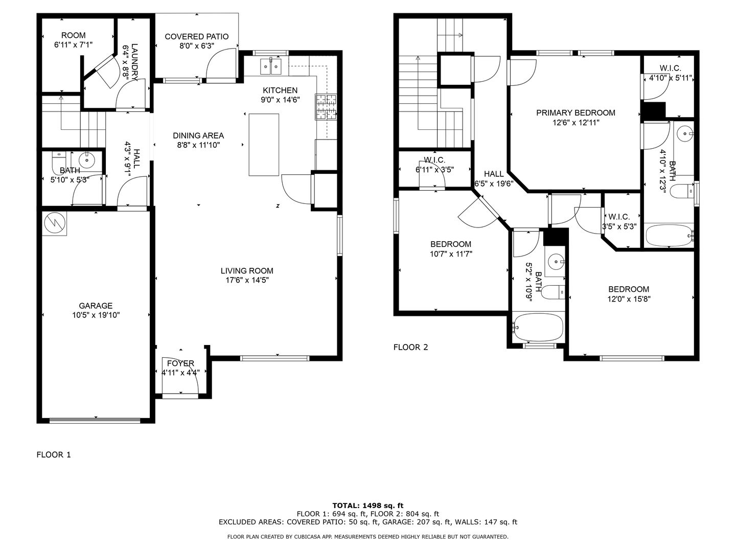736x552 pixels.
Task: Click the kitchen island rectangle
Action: pyautogui.click(x=264, y=145)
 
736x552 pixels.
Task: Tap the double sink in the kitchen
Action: pyautogui.click(x=271, y=66)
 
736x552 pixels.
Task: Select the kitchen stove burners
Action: pyautogui.click(x=326, y=107)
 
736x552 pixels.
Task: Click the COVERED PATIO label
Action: pyautogui.click(x=196, y=36)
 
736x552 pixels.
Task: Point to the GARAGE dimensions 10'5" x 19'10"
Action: pyautogui.click(x=96, y=315)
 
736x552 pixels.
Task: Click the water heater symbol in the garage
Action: pyautogui.click(x=54, y=223)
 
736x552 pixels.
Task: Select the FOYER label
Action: pyautogui.click(x=180, y=363)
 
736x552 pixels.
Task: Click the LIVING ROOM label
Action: pyautogui.click(x=247, y=270)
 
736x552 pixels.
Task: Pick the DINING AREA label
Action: pyautogui.click(x=198, y=135)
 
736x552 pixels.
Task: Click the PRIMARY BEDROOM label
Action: pyautogui.click(x=576, y=112)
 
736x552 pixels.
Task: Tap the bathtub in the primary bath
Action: pyautogui.click(x=669, y=235)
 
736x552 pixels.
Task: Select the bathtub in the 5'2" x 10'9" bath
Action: pyautogui.click(x=538, y=327)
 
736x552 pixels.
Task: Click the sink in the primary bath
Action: pyautogui.click(x=684, y=134)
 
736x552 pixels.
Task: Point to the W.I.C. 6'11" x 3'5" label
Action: pyautogui.click(x=434, y=165)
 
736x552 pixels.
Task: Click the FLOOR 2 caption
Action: pyautogui.click(x=411, y=347)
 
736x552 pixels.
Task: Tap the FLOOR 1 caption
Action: pyautogui.click(x=54, y=455)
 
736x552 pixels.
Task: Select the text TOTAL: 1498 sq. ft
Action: pyautogui.click(x=368, y=505)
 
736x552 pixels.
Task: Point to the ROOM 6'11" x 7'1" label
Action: pyautogui.click(x=74, y=39)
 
